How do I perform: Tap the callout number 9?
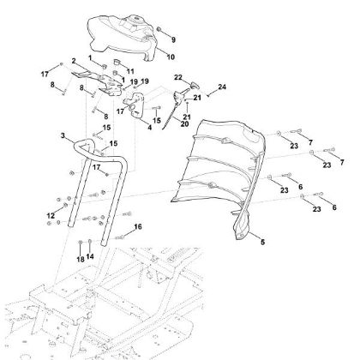pos(172,39)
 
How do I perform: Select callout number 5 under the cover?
pos(262,243)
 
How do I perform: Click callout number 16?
pos(138,226)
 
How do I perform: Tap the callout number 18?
pos(80,258)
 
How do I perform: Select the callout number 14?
pos(89,258)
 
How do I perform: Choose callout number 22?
pos(179,77)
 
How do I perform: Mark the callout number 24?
pos(221,87)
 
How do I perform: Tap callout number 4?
pos(149,129)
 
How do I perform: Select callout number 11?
pos(130,72)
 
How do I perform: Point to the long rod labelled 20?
pos(174,112)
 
